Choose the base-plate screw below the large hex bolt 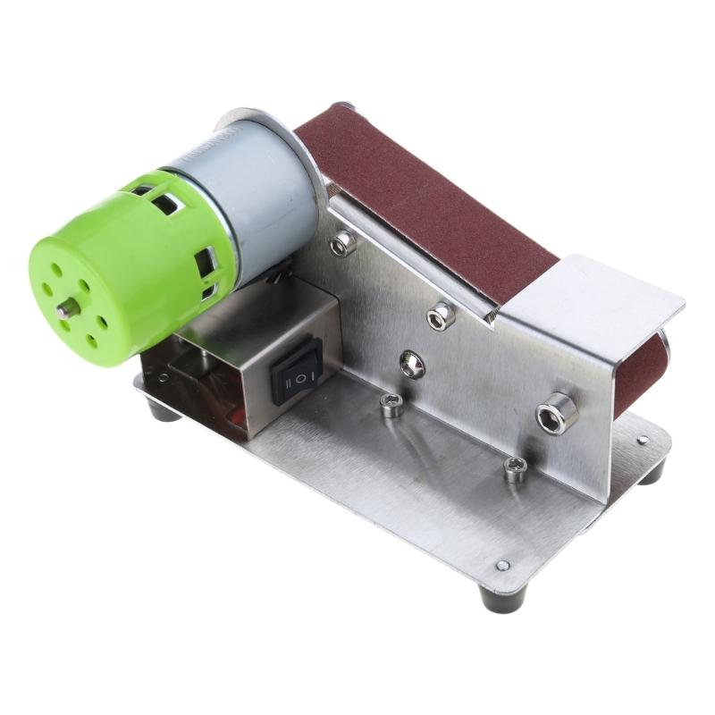[x=514, y=468]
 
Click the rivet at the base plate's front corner [x=502, y=566]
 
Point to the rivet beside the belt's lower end [x=642, y=439]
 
